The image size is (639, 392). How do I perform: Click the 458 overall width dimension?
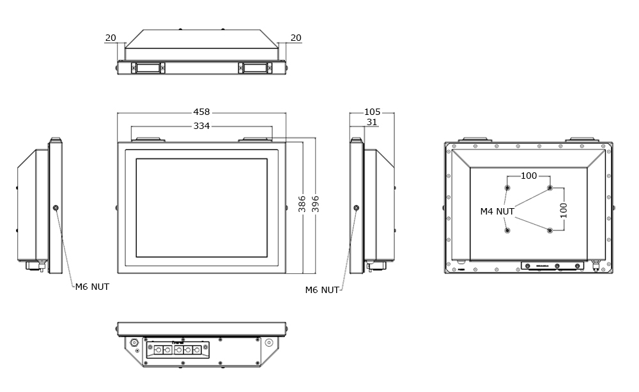coord(201,112)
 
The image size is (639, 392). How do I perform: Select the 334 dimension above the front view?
coord(201,126)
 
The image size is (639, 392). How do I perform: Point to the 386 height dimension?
coord(302,204)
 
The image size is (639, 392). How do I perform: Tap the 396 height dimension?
coord(315,204)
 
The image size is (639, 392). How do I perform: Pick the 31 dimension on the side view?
coord(372,122)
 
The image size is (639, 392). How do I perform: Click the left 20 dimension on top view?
coord(111,38)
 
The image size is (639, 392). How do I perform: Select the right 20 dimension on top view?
coord(296,38)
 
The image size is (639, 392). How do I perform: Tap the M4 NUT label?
coord(497,211)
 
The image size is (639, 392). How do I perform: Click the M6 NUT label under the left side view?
coord(92,287)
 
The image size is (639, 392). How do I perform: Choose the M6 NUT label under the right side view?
coord(322,290)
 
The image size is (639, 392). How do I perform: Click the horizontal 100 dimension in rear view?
coord(528,176)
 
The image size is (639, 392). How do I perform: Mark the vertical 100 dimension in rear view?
coord(564,210)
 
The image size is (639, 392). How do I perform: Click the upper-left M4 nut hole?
coord(507,188)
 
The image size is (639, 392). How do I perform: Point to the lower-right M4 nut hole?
coord(550,230)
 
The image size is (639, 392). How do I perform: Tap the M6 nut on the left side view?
coord(56,208)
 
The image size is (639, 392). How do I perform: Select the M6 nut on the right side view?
coord(356,208)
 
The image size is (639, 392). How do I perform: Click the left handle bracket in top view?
coord(148,68)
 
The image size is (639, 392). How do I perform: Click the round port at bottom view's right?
coord(269,343)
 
